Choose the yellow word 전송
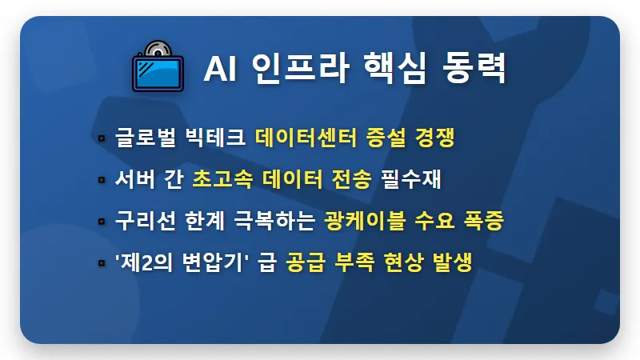[x=351, y=180]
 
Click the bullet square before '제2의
[x=102, y=263]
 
